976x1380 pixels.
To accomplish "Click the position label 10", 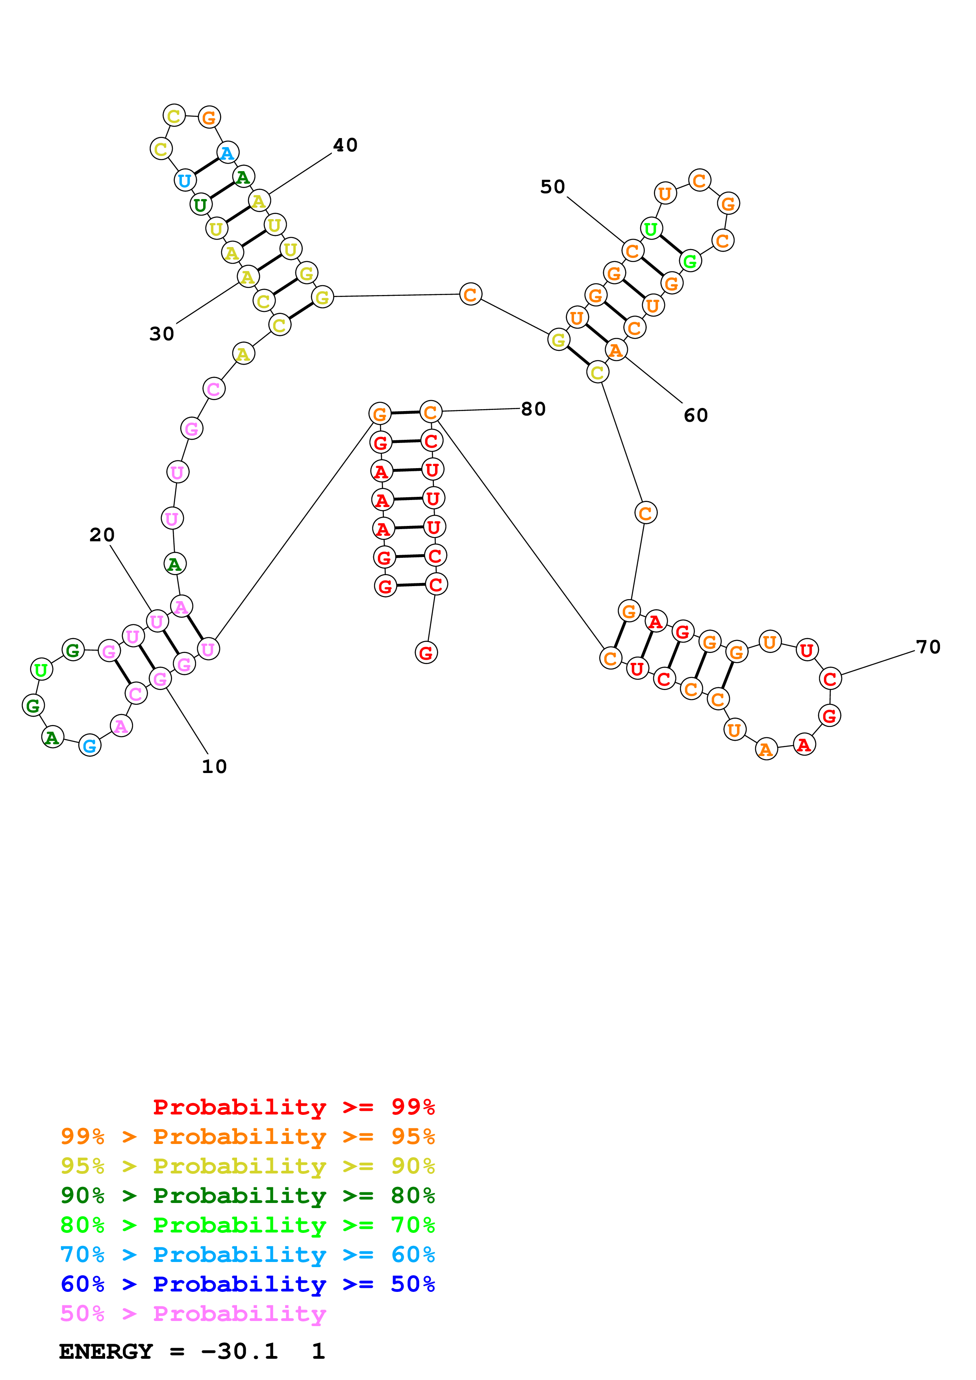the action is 214,766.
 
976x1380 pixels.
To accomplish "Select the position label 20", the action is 102,535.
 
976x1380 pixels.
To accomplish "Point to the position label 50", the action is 553,187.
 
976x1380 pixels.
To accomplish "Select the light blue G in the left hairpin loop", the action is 90,746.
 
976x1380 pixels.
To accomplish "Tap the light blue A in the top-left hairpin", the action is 227,153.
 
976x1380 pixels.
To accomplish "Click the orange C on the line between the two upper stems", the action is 470,295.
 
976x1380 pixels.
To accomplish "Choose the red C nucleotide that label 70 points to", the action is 830,679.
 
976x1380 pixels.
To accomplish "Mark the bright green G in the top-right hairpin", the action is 690,262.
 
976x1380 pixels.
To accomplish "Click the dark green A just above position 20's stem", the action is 175,564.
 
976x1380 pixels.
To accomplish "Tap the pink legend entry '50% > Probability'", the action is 193,1314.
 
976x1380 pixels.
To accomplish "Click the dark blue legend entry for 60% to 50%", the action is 248,1284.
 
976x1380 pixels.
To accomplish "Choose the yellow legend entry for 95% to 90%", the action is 248,1166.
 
